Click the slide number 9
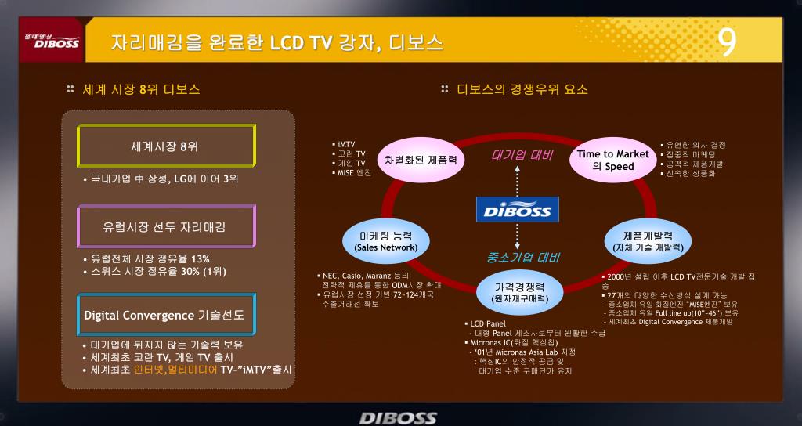pyautogui.click(x=728, y=42)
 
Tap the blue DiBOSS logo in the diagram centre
pyautogui.click(x=518, y=209)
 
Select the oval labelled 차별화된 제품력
pyautogui.click(x=421, y=158)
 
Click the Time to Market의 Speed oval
pyautogui.click(x=613, y=160)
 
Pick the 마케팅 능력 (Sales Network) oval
pyautogui.click(x=386, y=240)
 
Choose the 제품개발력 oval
pyautogui.click(x=647, y=240)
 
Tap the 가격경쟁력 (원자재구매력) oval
pyautogui.click(x=518, y=292)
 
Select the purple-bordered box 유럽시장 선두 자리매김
pyautogui.click(x=165, y=227)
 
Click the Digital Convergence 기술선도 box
pyautogui.click(x=165, y=315)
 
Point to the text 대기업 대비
pyautogui.click(x=522, y=155)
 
